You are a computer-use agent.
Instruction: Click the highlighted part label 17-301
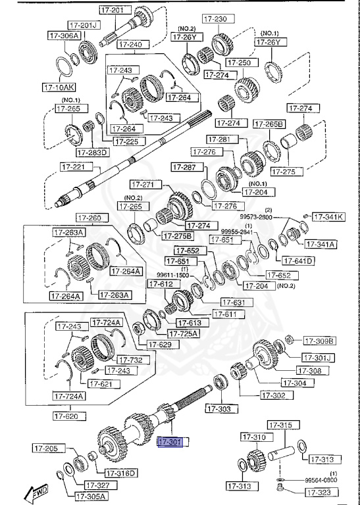tap(172, 442)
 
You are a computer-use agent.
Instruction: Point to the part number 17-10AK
tap(59, 87)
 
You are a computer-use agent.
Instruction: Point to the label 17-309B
tap(319, 341)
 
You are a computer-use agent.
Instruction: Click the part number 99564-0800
tap(321, 481)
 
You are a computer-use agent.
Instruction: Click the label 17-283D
tap(92, 153)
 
